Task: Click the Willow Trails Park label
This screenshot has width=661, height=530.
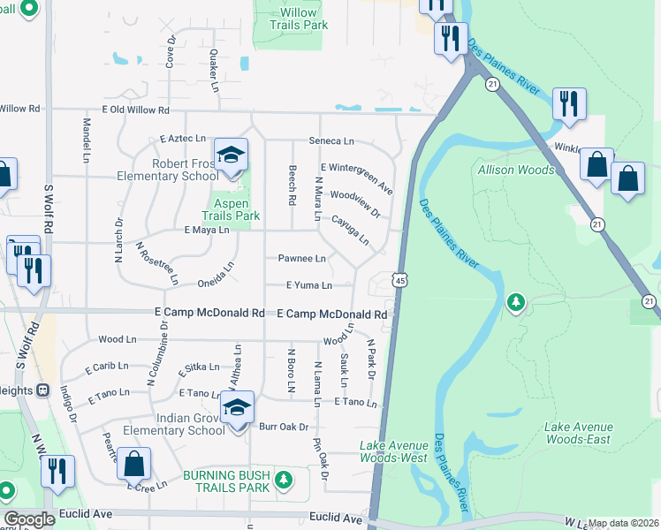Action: (291, 19)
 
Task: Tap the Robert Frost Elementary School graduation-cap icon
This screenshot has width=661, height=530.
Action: (232, 155)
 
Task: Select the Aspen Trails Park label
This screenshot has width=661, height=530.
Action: (231, 209)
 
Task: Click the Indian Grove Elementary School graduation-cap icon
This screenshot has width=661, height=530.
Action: (237, 408)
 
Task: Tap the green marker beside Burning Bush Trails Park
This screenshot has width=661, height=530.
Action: (283, 481)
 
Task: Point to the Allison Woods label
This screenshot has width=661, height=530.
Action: (516, 170)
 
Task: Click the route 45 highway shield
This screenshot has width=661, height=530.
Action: (401, 280)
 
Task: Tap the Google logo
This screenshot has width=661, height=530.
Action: (29, 519)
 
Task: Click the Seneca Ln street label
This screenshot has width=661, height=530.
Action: (330, 140)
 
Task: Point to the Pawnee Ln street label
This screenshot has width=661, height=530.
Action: (302, 259)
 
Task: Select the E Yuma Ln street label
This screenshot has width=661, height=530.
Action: (309, 285)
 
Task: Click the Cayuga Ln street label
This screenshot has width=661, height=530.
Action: (351, 229)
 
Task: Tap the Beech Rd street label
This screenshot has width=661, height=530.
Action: (291, 185)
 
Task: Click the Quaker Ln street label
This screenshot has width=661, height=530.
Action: (214, 71)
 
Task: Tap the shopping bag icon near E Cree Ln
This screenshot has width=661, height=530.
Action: (133, 463)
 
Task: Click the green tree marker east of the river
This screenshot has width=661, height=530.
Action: (516, 304)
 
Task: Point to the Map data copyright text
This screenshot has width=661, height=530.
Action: (624, 523)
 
